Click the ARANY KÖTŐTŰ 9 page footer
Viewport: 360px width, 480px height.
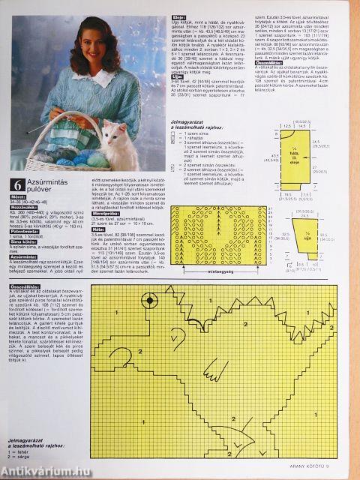(x=304, y=470)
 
